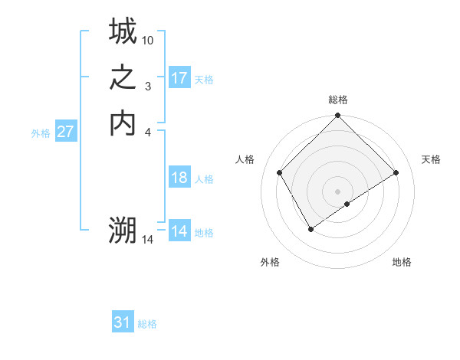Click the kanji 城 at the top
[123, 32]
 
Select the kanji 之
[123, 77]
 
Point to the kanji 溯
[123, 230]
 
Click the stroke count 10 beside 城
[148, 40]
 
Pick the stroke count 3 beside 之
[148, 86]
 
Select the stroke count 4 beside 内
[148, 131]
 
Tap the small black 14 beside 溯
[148, 240]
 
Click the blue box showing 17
[179, 78]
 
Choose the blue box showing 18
[179, 178]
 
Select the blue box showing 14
[179, 231]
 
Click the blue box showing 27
[66, 132]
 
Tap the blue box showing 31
[123, 322]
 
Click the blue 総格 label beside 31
[147, 324]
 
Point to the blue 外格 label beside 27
[41, 133]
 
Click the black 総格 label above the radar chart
[338, 100]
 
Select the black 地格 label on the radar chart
[402, 263]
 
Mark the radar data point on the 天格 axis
[396, 173]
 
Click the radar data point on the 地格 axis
[347, 204]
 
